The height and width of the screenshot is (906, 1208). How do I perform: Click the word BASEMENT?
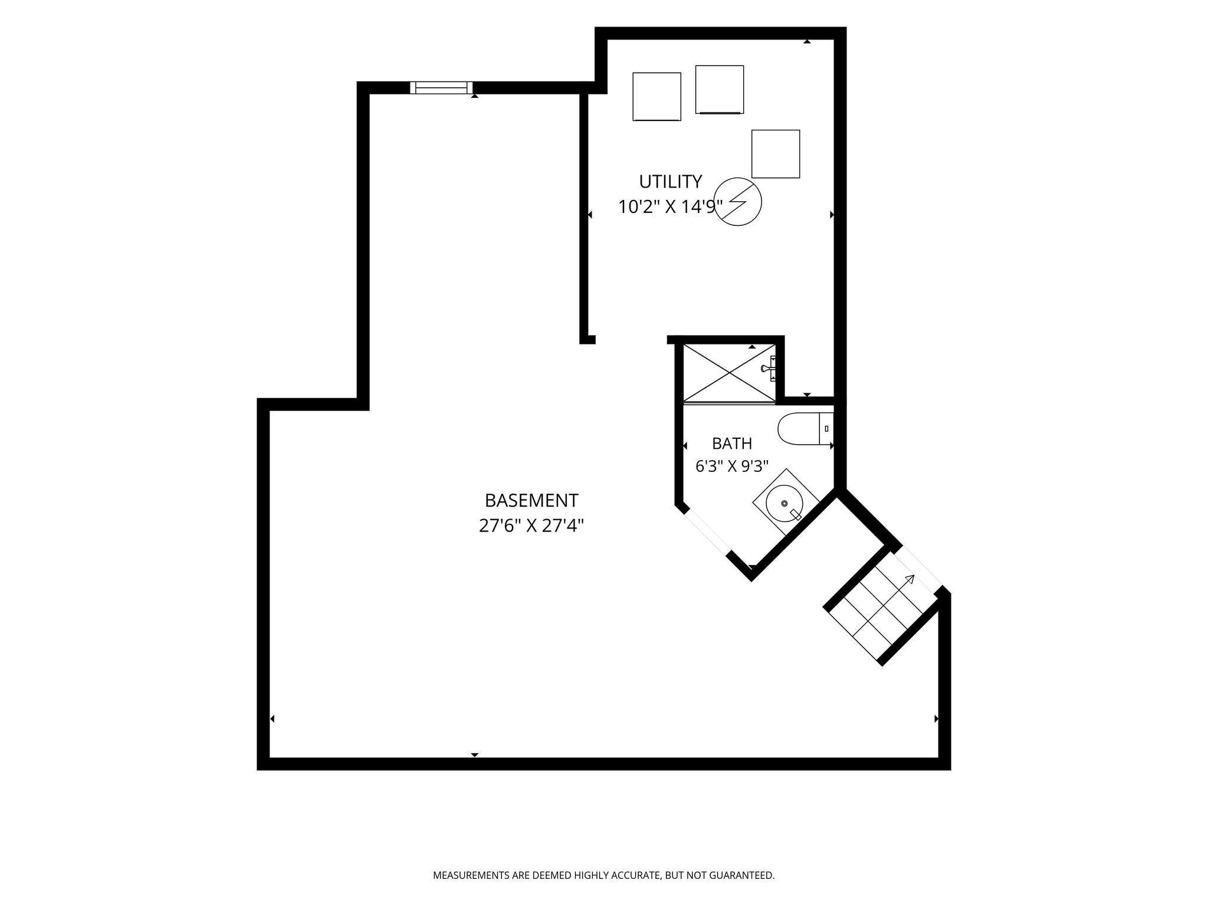pyautogui.click(x=531, y=500)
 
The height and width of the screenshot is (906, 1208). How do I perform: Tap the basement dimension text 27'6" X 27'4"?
pyautogui.click(x=531, y=525)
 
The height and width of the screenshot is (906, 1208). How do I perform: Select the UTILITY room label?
pyautogui.click(x=671, y=180)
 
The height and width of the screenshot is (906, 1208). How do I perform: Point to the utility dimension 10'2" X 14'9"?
pyautogui.click(x=671, y=206)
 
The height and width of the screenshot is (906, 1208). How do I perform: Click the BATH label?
pyautogui.click(x=732, y=443)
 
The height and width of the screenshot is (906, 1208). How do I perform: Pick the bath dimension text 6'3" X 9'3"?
pyautogui.click(x=732, y=467)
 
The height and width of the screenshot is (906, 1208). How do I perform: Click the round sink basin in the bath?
pyautogui.click(x=784, y=503)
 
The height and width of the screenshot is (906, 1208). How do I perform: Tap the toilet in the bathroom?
pyautogui.click(x=806, y=429)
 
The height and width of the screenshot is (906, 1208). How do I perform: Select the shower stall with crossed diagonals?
pyautogui.click(x=729, y=373)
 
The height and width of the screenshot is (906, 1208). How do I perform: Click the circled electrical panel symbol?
pyautogui.click(x=738, y=202)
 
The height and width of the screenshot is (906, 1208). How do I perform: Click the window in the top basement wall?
pyautogui.click(x=442, y=88)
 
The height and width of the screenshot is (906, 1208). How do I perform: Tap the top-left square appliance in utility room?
pyautogui.click(x=657, y=97)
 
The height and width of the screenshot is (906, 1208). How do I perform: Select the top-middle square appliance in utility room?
pyautogui.click(x=720, y=89)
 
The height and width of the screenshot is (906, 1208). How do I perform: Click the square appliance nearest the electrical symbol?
pyautogui.click(x=776, y=154)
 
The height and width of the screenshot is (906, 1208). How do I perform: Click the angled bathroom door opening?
pyautogui.click(x=707, y=533)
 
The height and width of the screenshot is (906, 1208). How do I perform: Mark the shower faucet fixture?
pyautogui.click(x=769, y=368)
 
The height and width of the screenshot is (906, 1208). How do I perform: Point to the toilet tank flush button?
pyautogui.click(x=826, y=429)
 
